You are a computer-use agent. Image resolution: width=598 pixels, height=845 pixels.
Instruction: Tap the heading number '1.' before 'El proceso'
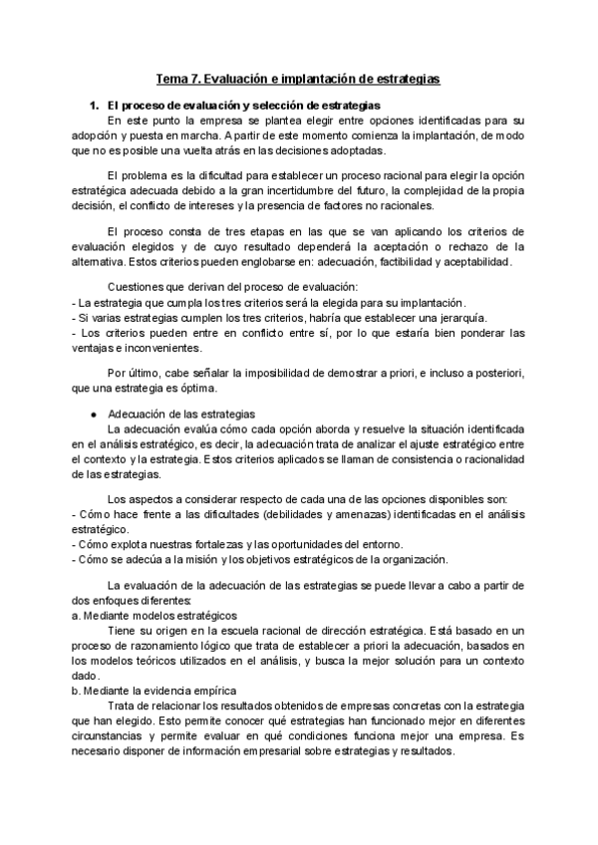pos(96,105)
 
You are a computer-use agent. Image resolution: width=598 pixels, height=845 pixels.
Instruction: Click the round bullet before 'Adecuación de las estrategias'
pos(93,413)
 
